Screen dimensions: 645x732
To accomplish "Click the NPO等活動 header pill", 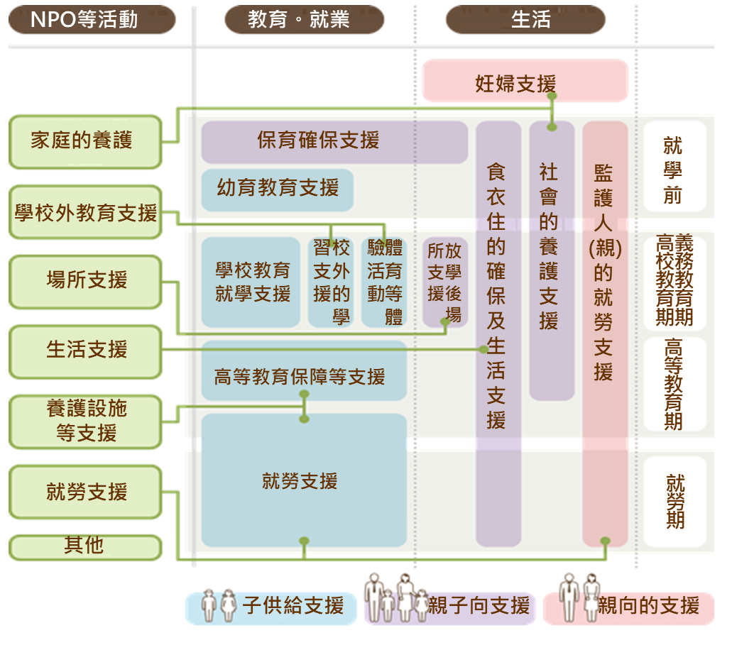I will click(x=92, y=19).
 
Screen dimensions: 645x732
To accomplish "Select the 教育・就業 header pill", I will click(x=304, y=19).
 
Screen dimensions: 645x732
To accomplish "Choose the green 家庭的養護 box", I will click(x=85, y=141).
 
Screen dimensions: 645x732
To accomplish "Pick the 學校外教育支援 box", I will click(x=85, y=212).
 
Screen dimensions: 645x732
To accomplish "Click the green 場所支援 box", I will click(x=85, y=281).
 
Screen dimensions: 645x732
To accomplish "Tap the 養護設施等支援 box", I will click(x=85, y=421).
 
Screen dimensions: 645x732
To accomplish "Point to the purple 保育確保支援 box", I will click(x=334, y=140).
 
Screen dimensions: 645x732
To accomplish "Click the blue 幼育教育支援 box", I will click(x=278, y=188).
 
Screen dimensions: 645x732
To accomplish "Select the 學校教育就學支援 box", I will click(x=251, y=282).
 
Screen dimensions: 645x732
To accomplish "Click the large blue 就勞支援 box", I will click(x=303, y=482).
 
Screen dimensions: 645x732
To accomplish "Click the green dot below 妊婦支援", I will click(x=552, y=96).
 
